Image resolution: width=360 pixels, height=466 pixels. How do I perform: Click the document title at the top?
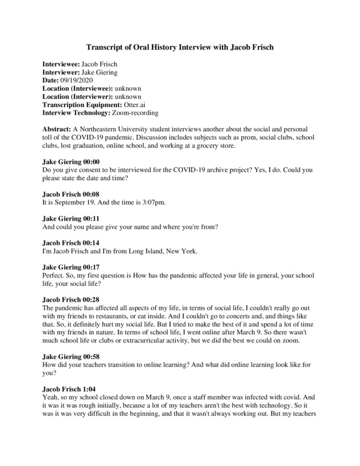click(180, 48)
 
